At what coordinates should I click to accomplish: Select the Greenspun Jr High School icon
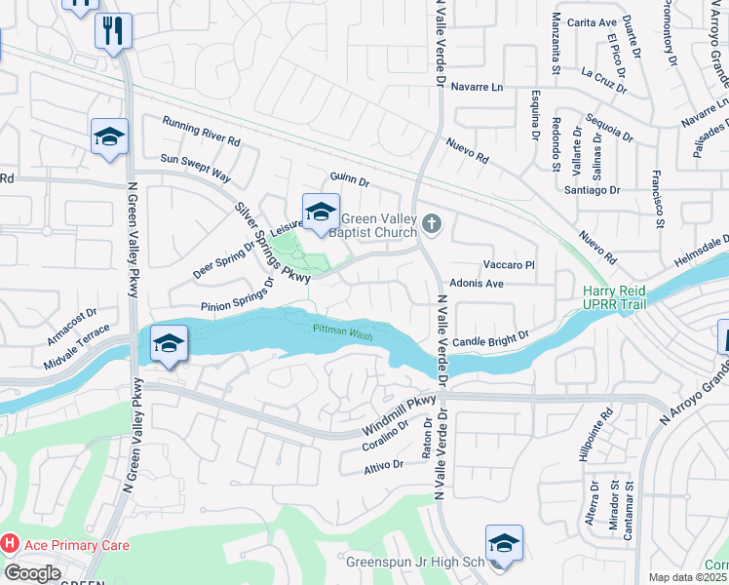coord(504,543)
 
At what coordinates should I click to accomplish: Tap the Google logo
coord(33,573)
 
